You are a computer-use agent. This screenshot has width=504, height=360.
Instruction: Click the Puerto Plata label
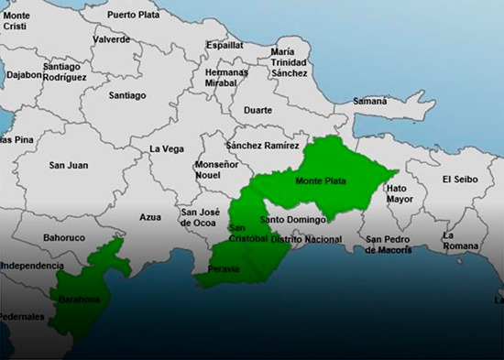(x=133, y=15)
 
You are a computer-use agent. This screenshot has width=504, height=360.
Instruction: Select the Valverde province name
(x=111, y=40)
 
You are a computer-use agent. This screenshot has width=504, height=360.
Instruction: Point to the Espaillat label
(x=225, y=44)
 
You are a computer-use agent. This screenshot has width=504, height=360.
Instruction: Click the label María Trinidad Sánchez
(x=290, y=62)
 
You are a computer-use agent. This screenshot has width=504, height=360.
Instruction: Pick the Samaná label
(x=369, y=100)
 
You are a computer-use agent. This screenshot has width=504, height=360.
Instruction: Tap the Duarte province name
(x=257, y=110)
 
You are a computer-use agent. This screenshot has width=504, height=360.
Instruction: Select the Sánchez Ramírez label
(x=262, y=146)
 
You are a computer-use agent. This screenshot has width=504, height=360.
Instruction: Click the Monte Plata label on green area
(x=321, y=181)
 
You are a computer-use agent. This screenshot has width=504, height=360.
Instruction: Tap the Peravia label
(x=224, y=269)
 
